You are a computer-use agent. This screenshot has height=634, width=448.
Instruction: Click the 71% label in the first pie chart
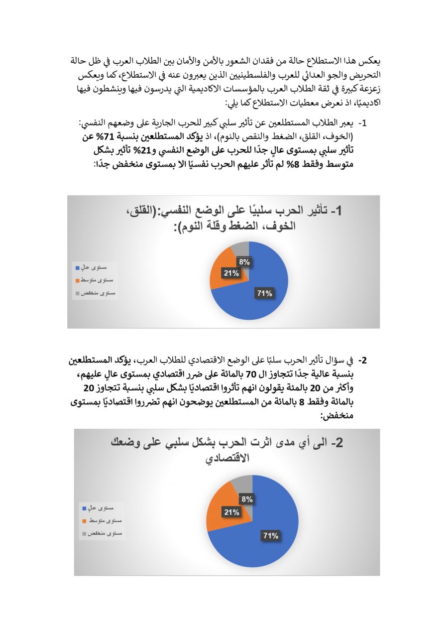[265, 293]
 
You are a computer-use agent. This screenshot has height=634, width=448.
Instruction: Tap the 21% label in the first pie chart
[231, 273]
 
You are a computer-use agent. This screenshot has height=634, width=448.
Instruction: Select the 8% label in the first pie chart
[244, 262]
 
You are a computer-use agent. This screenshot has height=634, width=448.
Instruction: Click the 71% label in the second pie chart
[270, 535]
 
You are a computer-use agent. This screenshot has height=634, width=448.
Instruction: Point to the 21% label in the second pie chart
[231, 512]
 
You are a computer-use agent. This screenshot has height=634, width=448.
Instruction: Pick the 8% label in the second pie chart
[247, 499]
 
